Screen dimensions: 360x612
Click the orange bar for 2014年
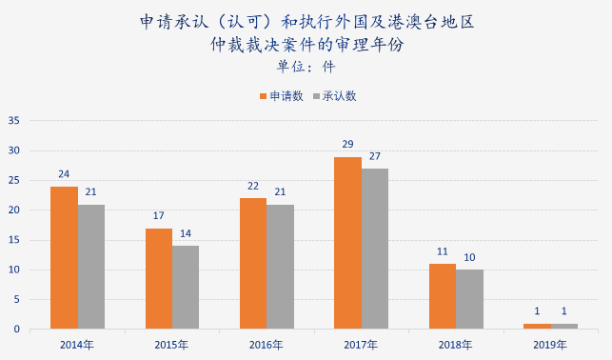coord(64,257)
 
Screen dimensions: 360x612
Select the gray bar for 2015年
coord(186,288)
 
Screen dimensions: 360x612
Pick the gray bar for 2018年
coord(469,299)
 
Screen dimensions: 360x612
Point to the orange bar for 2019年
coord(537,327)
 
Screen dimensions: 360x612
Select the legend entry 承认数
coord(334,96)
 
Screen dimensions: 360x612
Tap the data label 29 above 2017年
coord(347,145)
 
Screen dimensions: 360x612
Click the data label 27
coord(375,156)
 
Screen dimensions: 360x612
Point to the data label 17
coord(159,216)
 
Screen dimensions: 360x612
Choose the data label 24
coord(64,174)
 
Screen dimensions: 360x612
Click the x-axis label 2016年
coord(267,346)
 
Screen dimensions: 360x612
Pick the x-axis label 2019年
coord(550,346)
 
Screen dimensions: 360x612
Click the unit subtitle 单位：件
coord(306,67)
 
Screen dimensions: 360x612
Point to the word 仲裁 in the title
coord(226,44)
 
